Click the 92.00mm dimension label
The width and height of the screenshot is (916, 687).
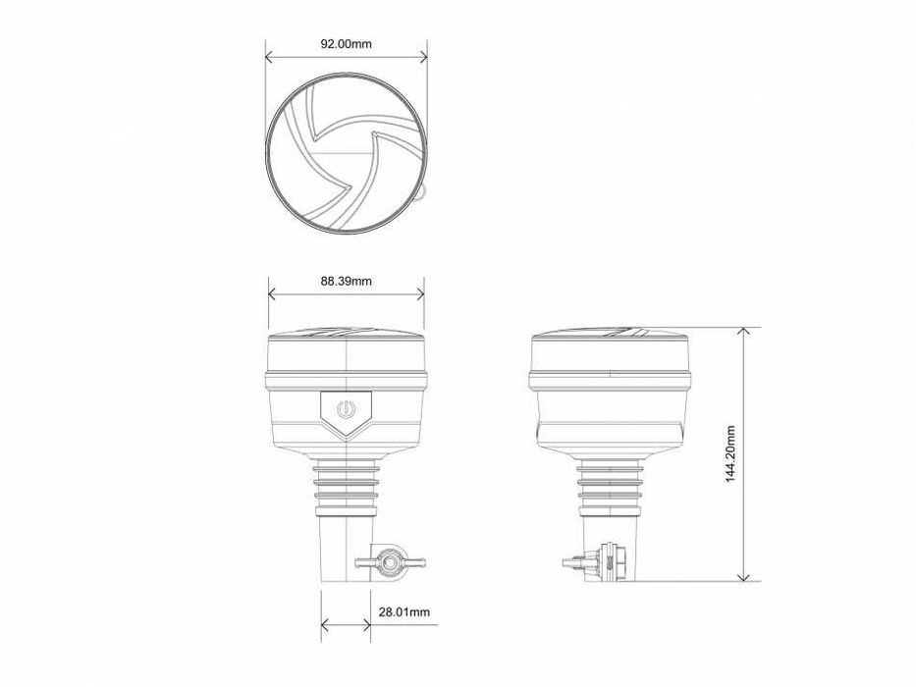point(346,43)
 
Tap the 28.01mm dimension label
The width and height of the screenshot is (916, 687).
point(405,612)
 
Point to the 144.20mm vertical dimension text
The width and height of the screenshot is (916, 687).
point(727,454)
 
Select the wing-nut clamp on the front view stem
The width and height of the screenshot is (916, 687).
point(389,563)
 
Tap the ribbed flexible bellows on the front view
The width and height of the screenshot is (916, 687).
point(346,487)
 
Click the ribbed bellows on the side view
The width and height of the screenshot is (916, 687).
point(610,487)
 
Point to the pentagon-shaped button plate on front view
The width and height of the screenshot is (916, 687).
point(346,412)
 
